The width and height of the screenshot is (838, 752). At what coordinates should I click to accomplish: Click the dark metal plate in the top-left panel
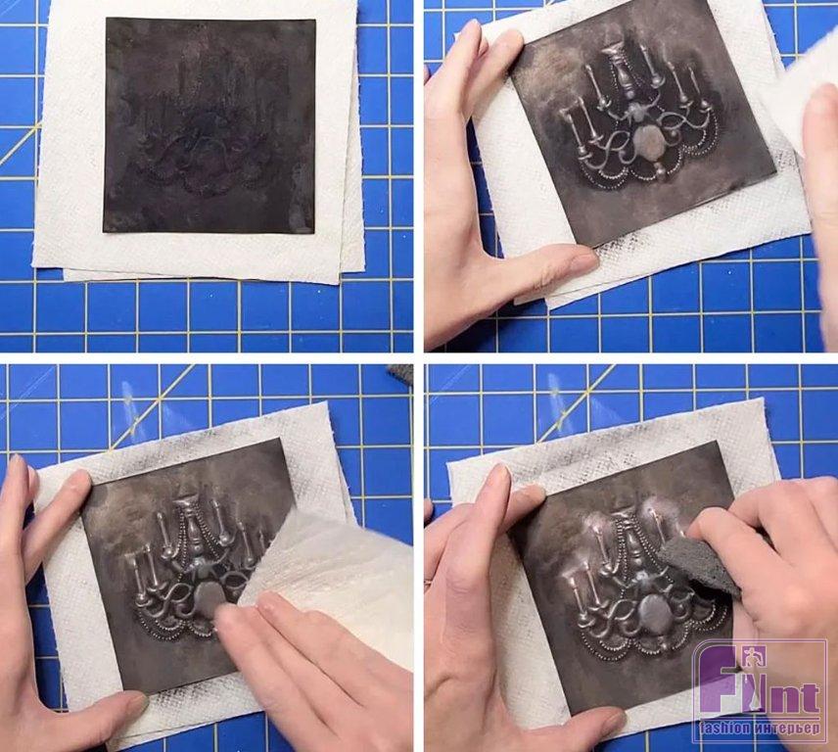[209, 125]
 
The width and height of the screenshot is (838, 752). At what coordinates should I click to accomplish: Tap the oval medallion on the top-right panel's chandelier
[647, 143]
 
